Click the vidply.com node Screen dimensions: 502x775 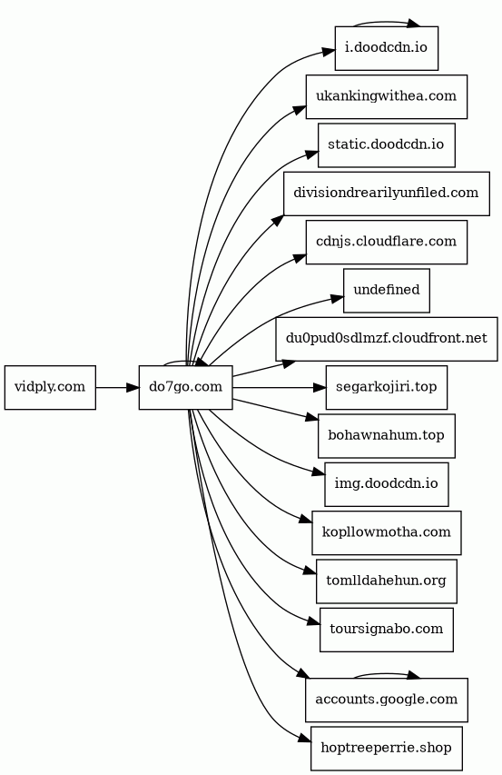click(x=50, y=387)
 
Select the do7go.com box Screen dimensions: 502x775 click(x=185, y=387)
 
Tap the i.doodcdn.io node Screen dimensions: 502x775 click(x=387, y=48)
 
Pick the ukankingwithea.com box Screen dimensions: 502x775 click(x=387, y=96)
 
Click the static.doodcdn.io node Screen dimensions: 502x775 click(x=387, y=144)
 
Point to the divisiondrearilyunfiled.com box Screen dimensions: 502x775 click(x=387, y=194)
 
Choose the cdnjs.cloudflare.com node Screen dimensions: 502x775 click(x=387, y=242)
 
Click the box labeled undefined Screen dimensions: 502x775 click(x=387, y=290)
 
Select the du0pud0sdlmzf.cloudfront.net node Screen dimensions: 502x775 click(x=387, y=339)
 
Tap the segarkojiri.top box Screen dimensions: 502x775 click(x=387, y=387)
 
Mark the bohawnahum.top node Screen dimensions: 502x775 click(x=387, y=435)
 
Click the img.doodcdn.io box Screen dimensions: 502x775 click(x=387, y=484)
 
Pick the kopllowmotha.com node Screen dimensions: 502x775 click(x=387, y=532)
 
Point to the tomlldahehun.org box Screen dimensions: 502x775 click(x=387, y=581)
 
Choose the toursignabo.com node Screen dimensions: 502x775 click(x=387, y=630)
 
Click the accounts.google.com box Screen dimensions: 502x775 click(x=387, y=700)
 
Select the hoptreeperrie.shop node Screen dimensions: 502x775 click(x=387, y=748)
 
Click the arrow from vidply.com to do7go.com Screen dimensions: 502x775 click(x=117, y=387)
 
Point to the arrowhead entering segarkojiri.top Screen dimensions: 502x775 click(x=320, y=387)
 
